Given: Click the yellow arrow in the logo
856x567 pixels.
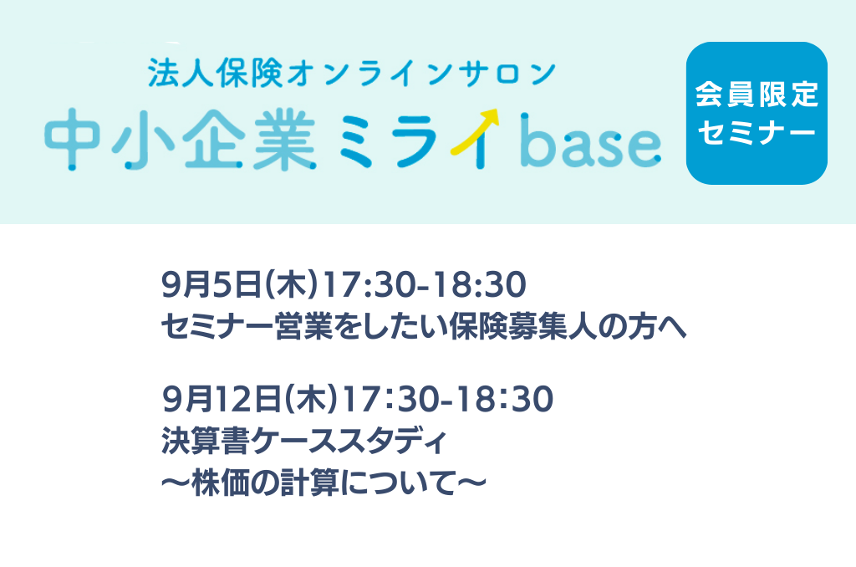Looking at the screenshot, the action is [475, 131].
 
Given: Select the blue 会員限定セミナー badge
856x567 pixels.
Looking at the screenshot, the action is [757, 113].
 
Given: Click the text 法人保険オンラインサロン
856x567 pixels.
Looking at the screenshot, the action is [352, 74].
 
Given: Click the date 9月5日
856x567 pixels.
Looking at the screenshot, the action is [211, 285].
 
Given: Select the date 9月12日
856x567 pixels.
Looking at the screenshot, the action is [222, 399].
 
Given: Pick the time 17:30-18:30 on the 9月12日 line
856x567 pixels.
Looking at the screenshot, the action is [449, 399].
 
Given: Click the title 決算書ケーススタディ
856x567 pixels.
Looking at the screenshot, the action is [304, 442].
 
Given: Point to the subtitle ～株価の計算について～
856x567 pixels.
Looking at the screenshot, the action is [324, 484].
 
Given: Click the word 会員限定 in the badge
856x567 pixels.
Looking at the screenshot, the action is [757, 94].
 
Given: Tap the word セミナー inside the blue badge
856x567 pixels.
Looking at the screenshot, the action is [757, 132].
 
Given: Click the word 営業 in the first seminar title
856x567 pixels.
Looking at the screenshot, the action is [304, 327].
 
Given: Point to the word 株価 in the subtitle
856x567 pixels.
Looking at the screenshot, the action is [221, 484].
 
